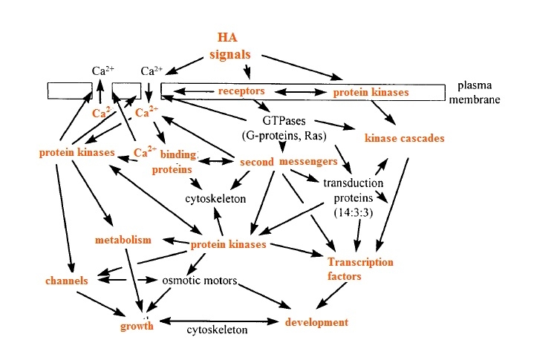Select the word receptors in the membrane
(241, 91)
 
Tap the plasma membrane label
(475, 92)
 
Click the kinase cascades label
(404, 139)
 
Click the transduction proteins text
(353, 190)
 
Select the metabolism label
(123, 240)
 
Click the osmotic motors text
(200, 281)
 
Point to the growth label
(137, 325)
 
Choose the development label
(316, 323)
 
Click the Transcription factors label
(360, 269)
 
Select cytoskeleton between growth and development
(216, 330)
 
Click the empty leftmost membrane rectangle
(73, 91)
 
